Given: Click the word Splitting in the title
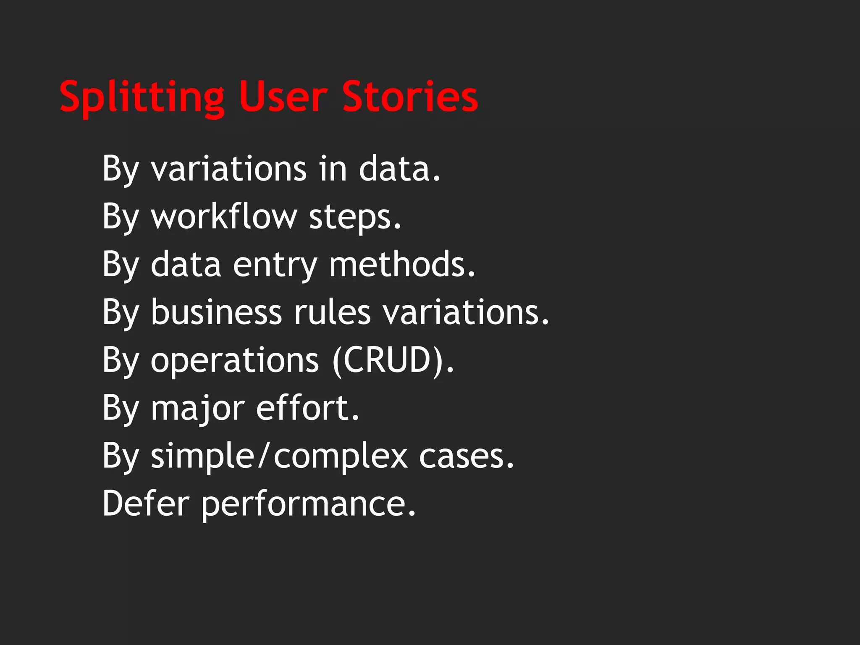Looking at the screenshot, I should [142, 97].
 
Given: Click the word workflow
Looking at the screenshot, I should [224, 217].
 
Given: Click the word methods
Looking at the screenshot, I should [402, 265].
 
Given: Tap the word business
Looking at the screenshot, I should [216, 312].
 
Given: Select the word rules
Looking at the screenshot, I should [332, 312].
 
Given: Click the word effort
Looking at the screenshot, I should [307, 408].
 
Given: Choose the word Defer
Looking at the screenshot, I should [146, 503].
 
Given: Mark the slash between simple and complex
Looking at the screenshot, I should [263, 456].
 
